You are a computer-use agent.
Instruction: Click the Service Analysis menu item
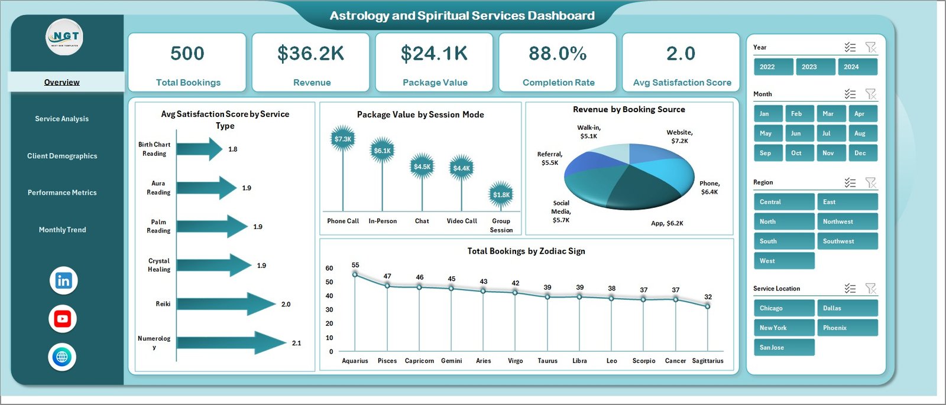[x=61, y=119]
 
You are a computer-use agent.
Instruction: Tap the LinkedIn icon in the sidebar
[x=63, y=280]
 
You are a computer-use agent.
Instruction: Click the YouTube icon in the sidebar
[x=63, y=319]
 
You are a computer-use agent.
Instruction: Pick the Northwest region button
[x=847, y=221]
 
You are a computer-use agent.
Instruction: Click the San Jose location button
[x=783, y=347]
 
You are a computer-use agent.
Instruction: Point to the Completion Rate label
[x=558, y=83]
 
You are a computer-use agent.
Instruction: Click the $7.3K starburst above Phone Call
[x=342, y=139]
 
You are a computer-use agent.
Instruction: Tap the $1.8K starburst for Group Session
[x=501, y=195]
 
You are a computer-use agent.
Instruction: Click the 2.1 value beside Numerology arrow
[x=296, y=343]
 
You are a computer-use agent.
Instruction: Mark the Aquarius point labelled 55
[x=355, y=274]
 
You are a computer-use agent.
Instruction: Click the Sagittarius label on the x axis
[x=707, y=361]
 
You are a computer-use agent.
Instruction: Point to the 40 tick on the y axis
[x=329, y=296]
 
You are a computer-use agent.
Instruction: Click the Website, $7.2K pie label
[x=679, y=136]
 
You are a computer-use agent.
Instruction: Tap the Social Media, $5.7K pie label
[x=561, y=211]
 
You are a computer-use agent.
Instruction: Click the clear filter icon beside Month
[x=870, y=94]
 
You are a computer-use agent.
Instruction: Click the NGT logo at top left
[x=65, y=37]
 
